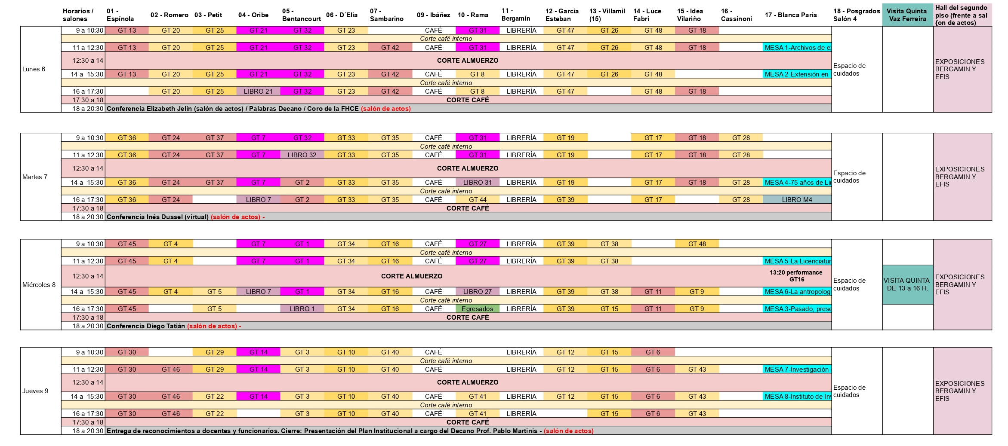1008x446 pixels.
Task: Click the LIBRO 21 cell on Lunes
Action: point(258,92)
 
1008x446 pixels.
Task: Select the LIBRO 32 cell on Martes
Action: point(302,155)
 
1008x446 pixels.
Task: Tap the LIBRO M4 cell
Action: point(797,200)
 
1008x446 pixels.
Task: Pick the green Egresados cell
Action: point(477,309)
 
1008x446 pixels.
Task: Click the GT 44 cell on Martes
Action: point(477,200)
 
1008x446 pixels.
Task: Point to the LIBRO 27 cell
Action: point(477,292)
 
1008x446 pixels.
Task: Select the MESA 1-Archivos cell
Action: point(797,48)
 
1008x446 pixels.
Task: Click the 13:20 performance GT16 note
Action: point(796,276)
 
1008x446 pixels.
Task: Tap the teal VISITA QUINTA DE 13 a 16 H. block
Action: point(907,284)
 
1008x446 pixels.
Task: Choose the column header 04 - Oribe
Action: point(253,15)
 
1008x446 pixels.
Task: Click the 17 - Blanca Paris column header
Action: point(791,15)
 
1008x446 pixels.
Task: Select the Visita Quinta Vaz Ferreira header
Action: point(907,15)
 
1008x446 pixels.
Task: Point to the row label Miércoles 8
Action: point(39,285)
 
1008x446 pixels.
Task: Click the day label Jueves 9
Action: point(35,391)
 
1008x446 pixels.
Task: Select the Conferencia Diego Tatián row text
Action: point(146,326)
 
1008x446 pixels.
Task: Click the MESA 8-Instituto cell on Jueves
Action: point(797,397)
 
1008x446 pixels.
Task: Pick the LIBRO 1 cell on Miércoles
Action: point(302,309)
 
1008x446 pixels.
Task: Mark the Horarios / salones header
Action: point(78,15)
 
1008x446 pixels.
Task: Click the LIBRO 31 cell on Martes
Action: point(477,183)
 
